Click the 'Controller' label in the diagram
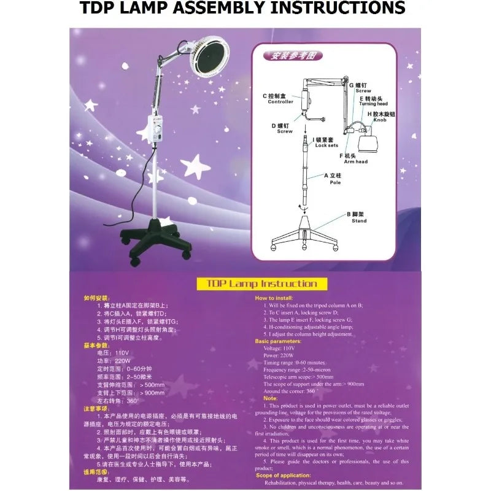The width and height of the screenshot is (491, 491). pyautogui.click(x=280, y=102)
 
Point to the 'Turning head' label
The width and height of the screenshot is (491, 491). pyautogui.click(x=373, y=104)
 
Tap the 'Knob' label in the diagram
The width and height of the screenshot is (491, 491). pyautogui.click(x=381, y=120)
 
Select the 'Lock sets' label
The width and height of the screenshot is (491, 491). pyautogui.click(x=327, y=145)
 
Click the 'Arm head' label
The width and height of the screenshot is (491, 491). pyautogui.click(x=356, y=161)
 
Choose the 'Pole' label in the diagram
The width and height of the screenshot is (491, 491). pyautogui.click(x=335, y=182)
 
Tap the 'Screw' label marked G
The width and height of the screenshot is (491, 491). pyautogui.click(x=363, y=91)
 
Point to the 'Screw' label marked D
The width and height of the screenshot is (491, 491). pyautogui.click(x=284, y=131)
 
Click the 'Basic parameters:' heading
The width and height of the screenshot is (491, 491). pyautogui.click(x=278, y=341)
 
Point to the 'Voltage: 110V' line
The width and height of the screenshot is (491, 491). pyautogui.click(x=281, y=348)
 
